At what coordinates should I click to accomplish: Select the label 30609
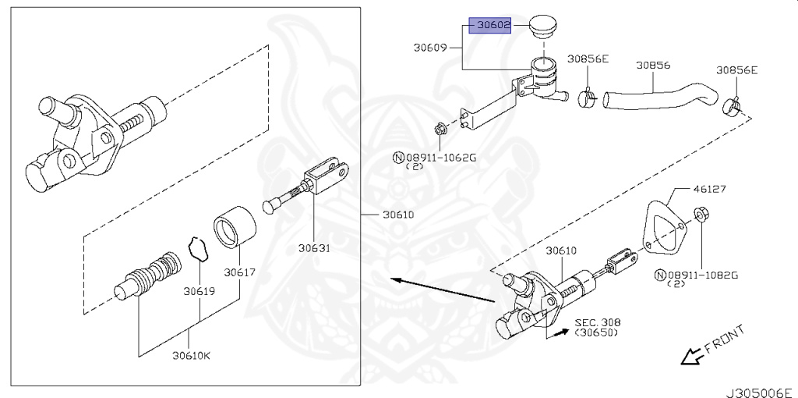429,48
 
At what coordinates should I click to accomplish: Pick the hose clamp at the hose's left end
588,98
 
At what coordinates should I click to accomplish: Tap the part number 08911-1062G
440,158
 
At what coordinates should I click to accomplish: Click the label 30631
314,249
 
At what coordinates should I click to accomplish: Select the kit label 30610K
191,357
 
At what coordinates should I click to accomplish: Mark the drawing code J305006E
759,388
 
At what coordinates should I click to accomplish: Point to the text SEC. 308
598,321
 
